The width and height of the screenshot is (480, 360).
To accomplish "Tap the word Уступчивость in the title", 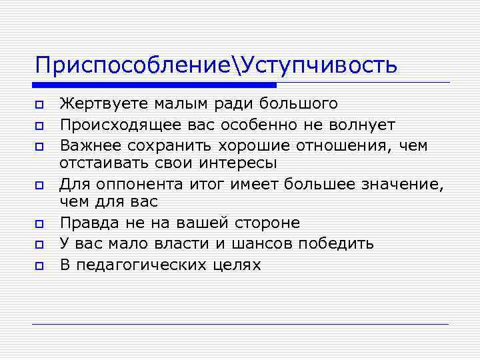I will pyautogui.click(x=319, y=65).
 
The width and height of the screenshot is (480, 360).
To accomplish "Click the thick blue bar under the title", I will pyautogui.click(x=154, y=85).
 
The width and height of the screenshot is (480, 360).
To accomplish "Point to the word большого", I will pyautogui.click(x=304, y=104).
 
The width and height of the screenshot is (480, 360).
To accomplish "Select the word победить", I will pyautogui.click(x=336, y=244).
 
